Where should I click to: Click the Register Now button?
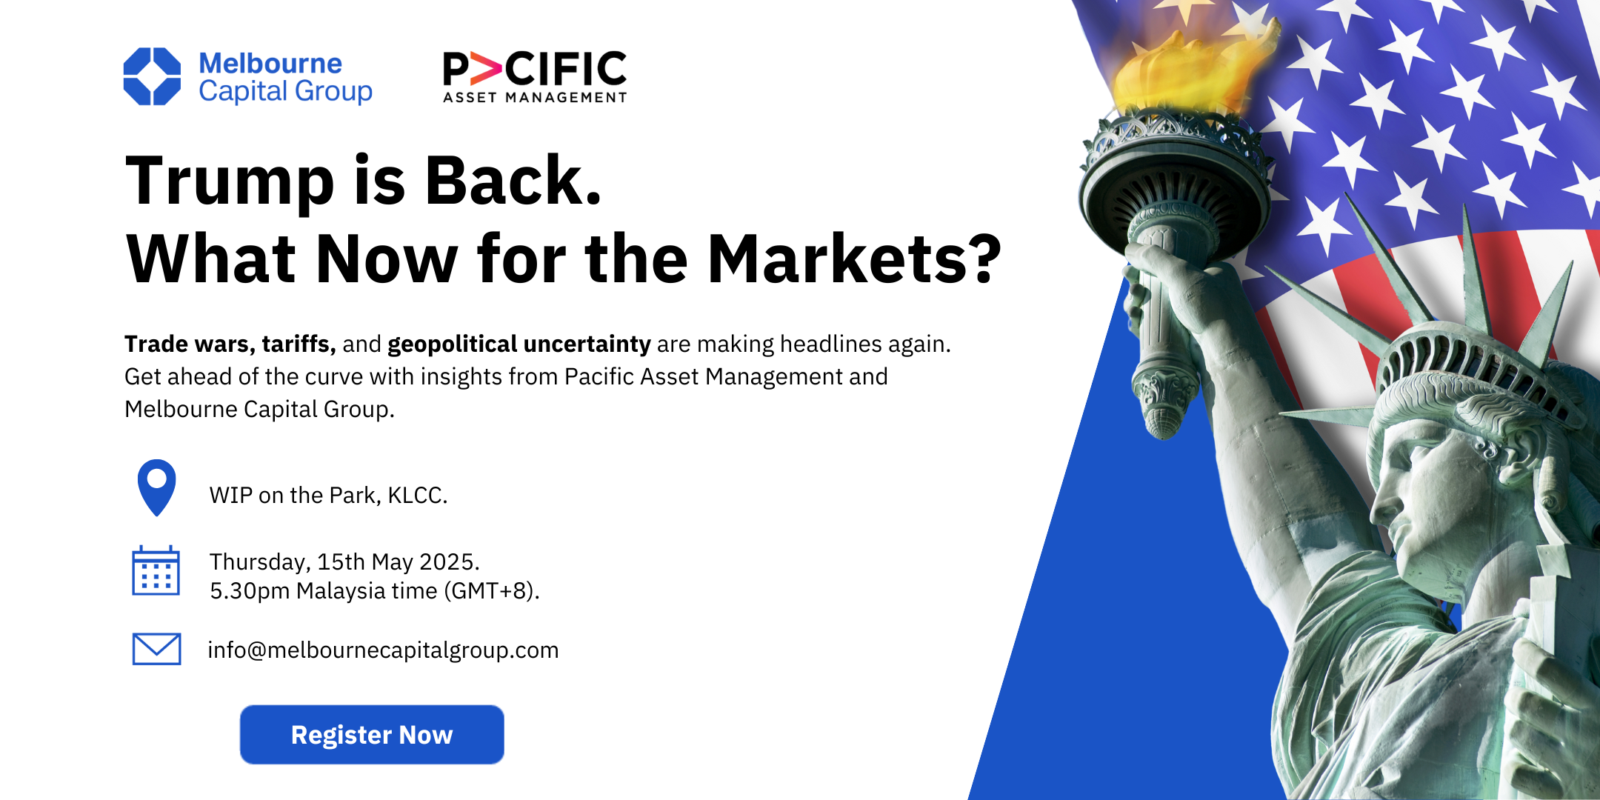pos(372,734)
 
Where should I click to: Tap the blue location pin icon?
pos(156,485)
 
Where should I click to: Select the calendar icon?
pos(156,571)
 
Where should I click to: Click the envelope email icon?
pos(156,649)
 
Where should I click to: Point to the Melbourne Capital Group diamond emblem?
pos(152,76)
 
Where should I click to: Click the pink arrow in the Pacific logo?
pos(486,69)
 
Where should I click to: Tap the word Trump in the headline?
pos(230,181)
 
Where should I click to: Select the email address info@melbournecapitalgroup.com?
pos(383,650)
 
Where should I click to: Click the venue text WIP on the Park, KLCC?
pos(328,495)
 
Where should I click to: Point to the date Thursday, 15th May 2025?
pos(344,561)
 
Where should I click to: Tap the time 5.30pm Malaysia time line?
pos(374,591)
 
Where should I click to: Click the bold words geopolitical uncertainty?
pos(519,344)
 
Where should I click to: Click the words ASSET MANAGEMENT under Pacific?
pos(535,98)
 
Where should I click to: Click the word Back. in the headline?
pos(513,181)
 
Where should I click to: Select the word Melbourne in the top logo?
pos(270,64)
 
